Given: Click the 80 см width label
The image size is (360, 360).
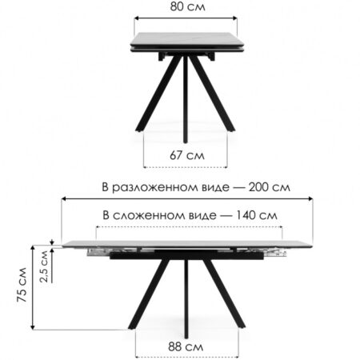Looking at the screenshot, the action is click(x=188, y=6).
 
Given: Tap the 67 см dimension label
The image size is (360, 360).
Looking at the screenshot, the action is click(x=187, y=155).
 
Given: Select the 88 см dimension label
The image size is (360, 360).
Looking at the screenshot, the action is click(x=186, y=347).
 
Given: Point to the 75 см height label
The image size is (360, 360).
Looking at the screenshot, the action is click(x=22, y=285).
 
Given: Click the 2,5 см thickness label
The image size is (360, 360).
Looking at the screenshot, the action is click(x=44, y=266).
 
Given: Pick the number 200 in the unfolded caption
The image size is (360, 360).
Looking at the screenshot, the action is click(x=258, y=187).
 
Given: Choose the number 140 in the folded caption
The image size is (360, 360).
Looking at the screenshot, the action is click(x=246, y=215).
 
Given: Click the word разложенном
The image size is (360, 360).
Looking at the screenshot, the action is click(x=170, y=188).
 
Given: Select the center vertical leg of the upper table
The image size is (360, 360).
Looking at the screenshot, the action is click(x=186, y=99).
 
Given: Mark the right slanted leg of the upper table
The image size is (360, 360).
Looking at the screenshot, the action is click(x=212, y=94).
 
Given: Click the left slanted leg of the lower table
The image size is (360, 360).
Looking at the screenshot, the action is click(x=148, y=294).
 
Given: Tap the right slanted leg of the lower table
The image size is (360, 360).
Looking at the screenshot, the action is click(x=224, y=294).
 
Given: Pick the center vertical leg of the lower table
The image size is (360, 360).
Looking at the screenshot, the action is click(x=186, y=298).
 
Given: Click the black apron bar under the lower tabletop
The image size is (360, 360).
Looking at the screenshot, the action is click(x=186, y=254).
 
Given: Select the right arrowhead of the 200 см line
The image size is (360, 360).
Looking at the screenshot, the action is click(x=310, y=198).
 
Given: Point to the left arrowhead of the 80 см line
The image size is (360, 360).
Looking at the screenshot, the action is click(x=137, y=18).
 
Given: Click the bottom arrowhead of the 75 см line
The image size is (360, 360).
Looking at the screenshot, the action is click(x=33, y=327).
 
